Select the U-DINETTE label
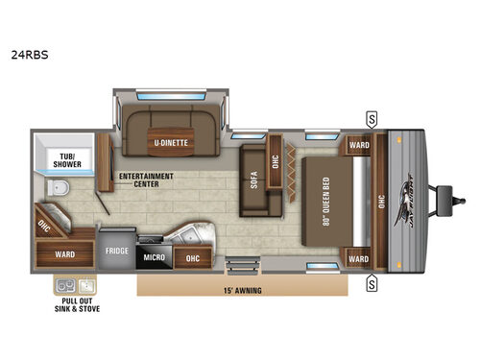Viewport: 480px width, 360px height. [172, 144]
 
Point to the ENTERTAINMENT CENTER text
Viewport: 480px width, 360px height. [146, 180]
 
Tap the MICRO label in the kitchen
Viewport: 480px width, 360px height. [156, 257]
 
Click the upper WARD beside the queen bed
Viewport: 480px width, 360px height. [358, 147]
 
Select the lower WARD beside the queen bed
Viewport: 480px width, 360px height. [358, 258]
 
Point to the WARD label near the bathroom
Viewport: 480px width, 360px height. [65, 254]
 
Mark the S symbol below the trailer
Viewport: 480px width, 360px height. [371, 283]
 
